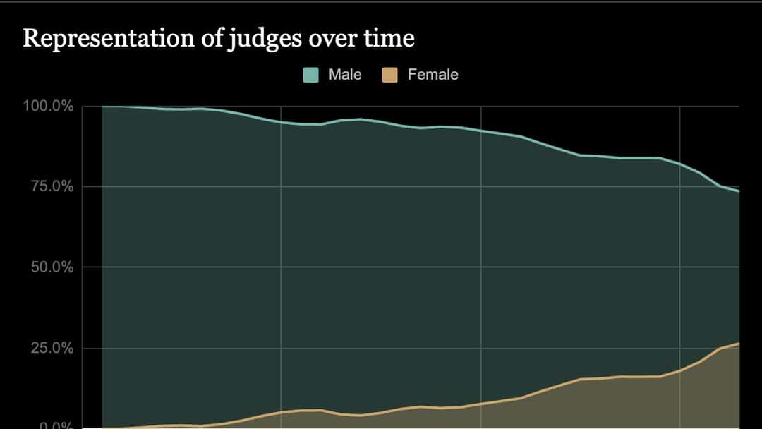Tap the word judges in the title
(x=262, y=39)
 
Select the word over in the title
(x=332, y=39)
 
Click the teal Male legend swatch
(x=311, y=75)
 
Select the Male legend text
(x=345, y=75)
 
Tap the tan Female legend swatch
(x=390, y=75)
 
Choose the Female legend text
(x=433, y=75)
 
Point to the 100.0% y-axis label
(x=49, y=107)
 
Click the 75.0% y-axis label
(x=52, y=187)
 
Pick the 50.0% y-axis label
(x=52, y=267)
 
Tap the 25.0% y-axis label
(x=52, y=348)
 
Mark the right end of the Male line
(x=739, y=191)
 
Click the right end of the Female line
(x=739, y=344)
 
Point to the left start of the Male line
(x=103, y=107)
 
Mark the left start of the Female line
(x=103, y=428)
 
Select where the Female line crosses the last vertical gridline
(x=680, y=371)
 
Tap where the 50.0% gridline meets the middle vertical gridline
(x=480, y=267)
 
